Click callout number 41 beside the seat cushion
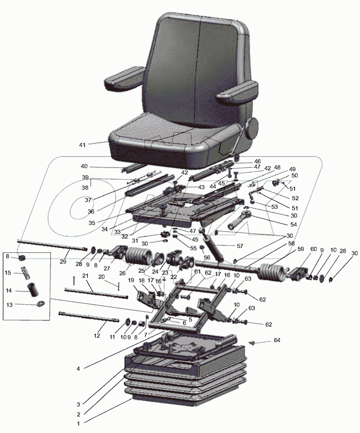(x=82, y=145)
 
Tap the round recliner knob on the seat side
(x=252, y=128)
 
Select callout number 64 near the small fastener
(x=277, y=340)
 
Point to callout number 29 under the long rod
(x=63, y=261)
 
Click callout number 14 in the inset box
(x=9, y=290)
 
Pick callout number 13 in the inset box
(x=9, y=305)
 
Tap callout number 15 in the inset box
(x=8, y=273)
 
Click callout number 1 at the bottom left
(x=78, y=423)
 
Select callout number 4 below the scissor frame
(x=78, y=369)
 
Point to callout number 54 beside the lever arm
(x=293, y=225)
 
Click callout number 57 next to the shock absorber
(x=240, y=246)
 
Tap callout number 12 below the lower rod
(x=97, y=336)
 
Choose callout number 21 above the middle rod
(x=86, y=276)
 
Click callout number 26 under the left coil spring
(x=122, y=273)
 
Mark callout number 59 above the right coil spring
(x=300, y=249)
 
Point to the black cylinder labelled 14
(x=33, y=290)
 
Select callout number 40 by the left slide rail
(x=84, y=166)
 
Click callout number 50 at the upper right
(x=294, y=175)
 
